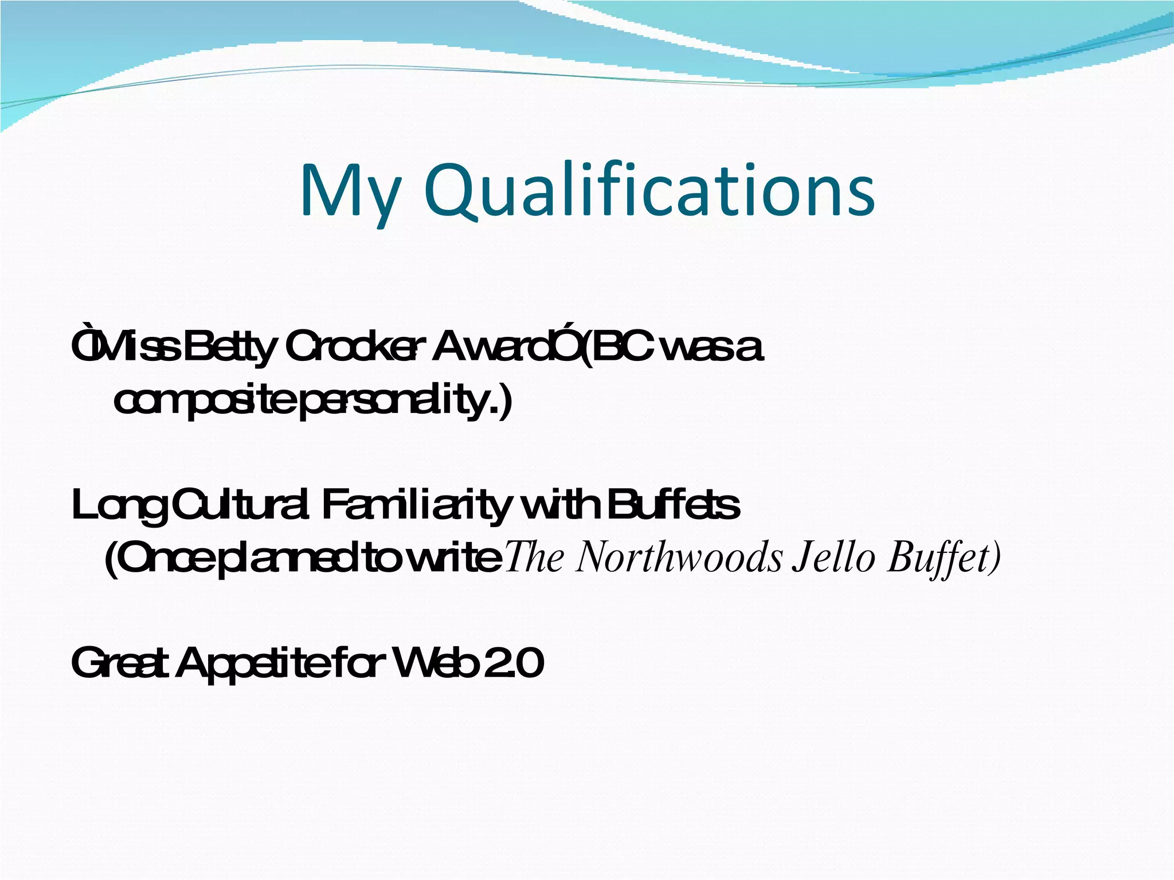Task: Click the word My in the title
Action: (349, 192)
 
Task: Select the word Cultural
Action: (240, 505)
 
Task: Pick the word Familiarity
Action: (416, 506)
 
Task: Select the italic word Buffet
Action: (940, 558)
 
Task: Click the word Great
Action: (120, 663)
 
